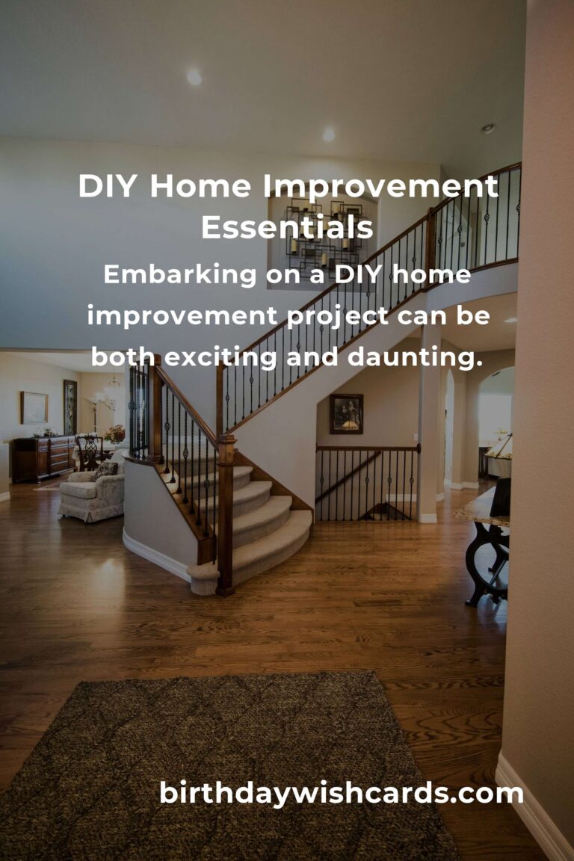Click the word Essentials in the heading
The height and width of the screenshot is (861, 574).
pyautogui.click(x=287, y=228)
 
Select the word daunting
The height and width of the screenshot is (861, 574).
pyautogui.click(x=412, y=357)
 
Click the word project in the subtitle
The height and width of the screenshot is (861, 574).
pyautogui.click(x=338, y=316)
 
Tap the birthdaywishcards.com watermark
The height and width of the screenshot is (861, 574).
pyautogui.click(x=342, y=793)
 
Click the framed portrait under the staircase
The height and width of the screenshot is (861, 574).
pyautogui.click(x=346, y=413)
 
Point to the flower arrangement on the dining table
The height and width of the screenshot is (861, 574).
pyautogui.click(x=114, y=434)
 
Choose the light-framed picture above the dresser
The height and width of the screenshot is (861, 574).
pyautogui.click(x=34, y=407)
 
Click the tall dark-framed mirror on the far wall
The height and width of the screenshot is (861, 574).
pyautogui.click(x=70, y=407)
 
